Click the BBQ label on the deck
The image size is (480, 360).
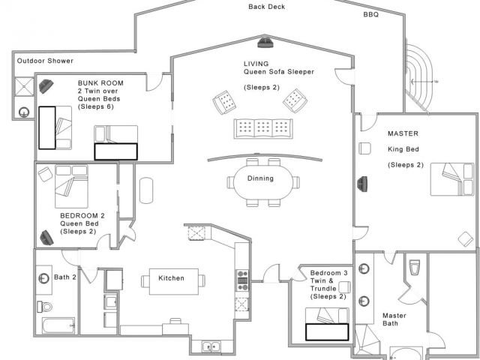coord(371,14)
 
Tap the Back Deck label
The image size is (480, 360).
coord(267,7)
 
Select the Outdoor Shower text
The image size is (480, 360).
coord(45,61)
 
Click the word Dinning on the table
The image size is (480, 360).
coord(260,178)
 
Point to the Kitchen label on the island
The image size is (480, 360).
coord(172,278)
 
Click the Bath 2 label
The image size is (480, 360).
coord(65,277)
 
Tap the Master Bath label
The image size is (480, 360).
coord(394,319)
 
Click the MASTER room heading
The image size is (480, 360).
coord(403,133)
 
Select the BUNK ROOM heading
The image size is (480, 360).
coord(100,83)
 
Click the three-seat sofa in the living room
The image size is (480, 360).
coord(263,128)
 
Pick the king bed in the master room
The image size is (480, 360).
coord(452,179)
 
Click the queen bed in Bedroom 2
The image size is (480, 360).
coord(71,187)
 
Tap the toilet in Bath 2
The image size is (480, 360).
coord(45,307)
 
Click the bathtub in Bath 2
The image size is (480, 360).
coord(58,325)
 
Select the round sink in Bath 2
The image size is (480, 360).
coord(43,278)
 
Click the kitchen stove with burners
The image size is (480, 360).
coord(243,280)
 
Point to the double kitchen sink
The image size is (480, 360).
coord(211,346)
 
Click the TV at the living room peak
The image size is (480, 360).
coord(265,43)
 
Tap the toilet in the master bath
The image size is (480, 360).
coord(415,268)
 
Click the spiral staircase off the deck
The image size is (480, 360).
coord(418,78)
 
